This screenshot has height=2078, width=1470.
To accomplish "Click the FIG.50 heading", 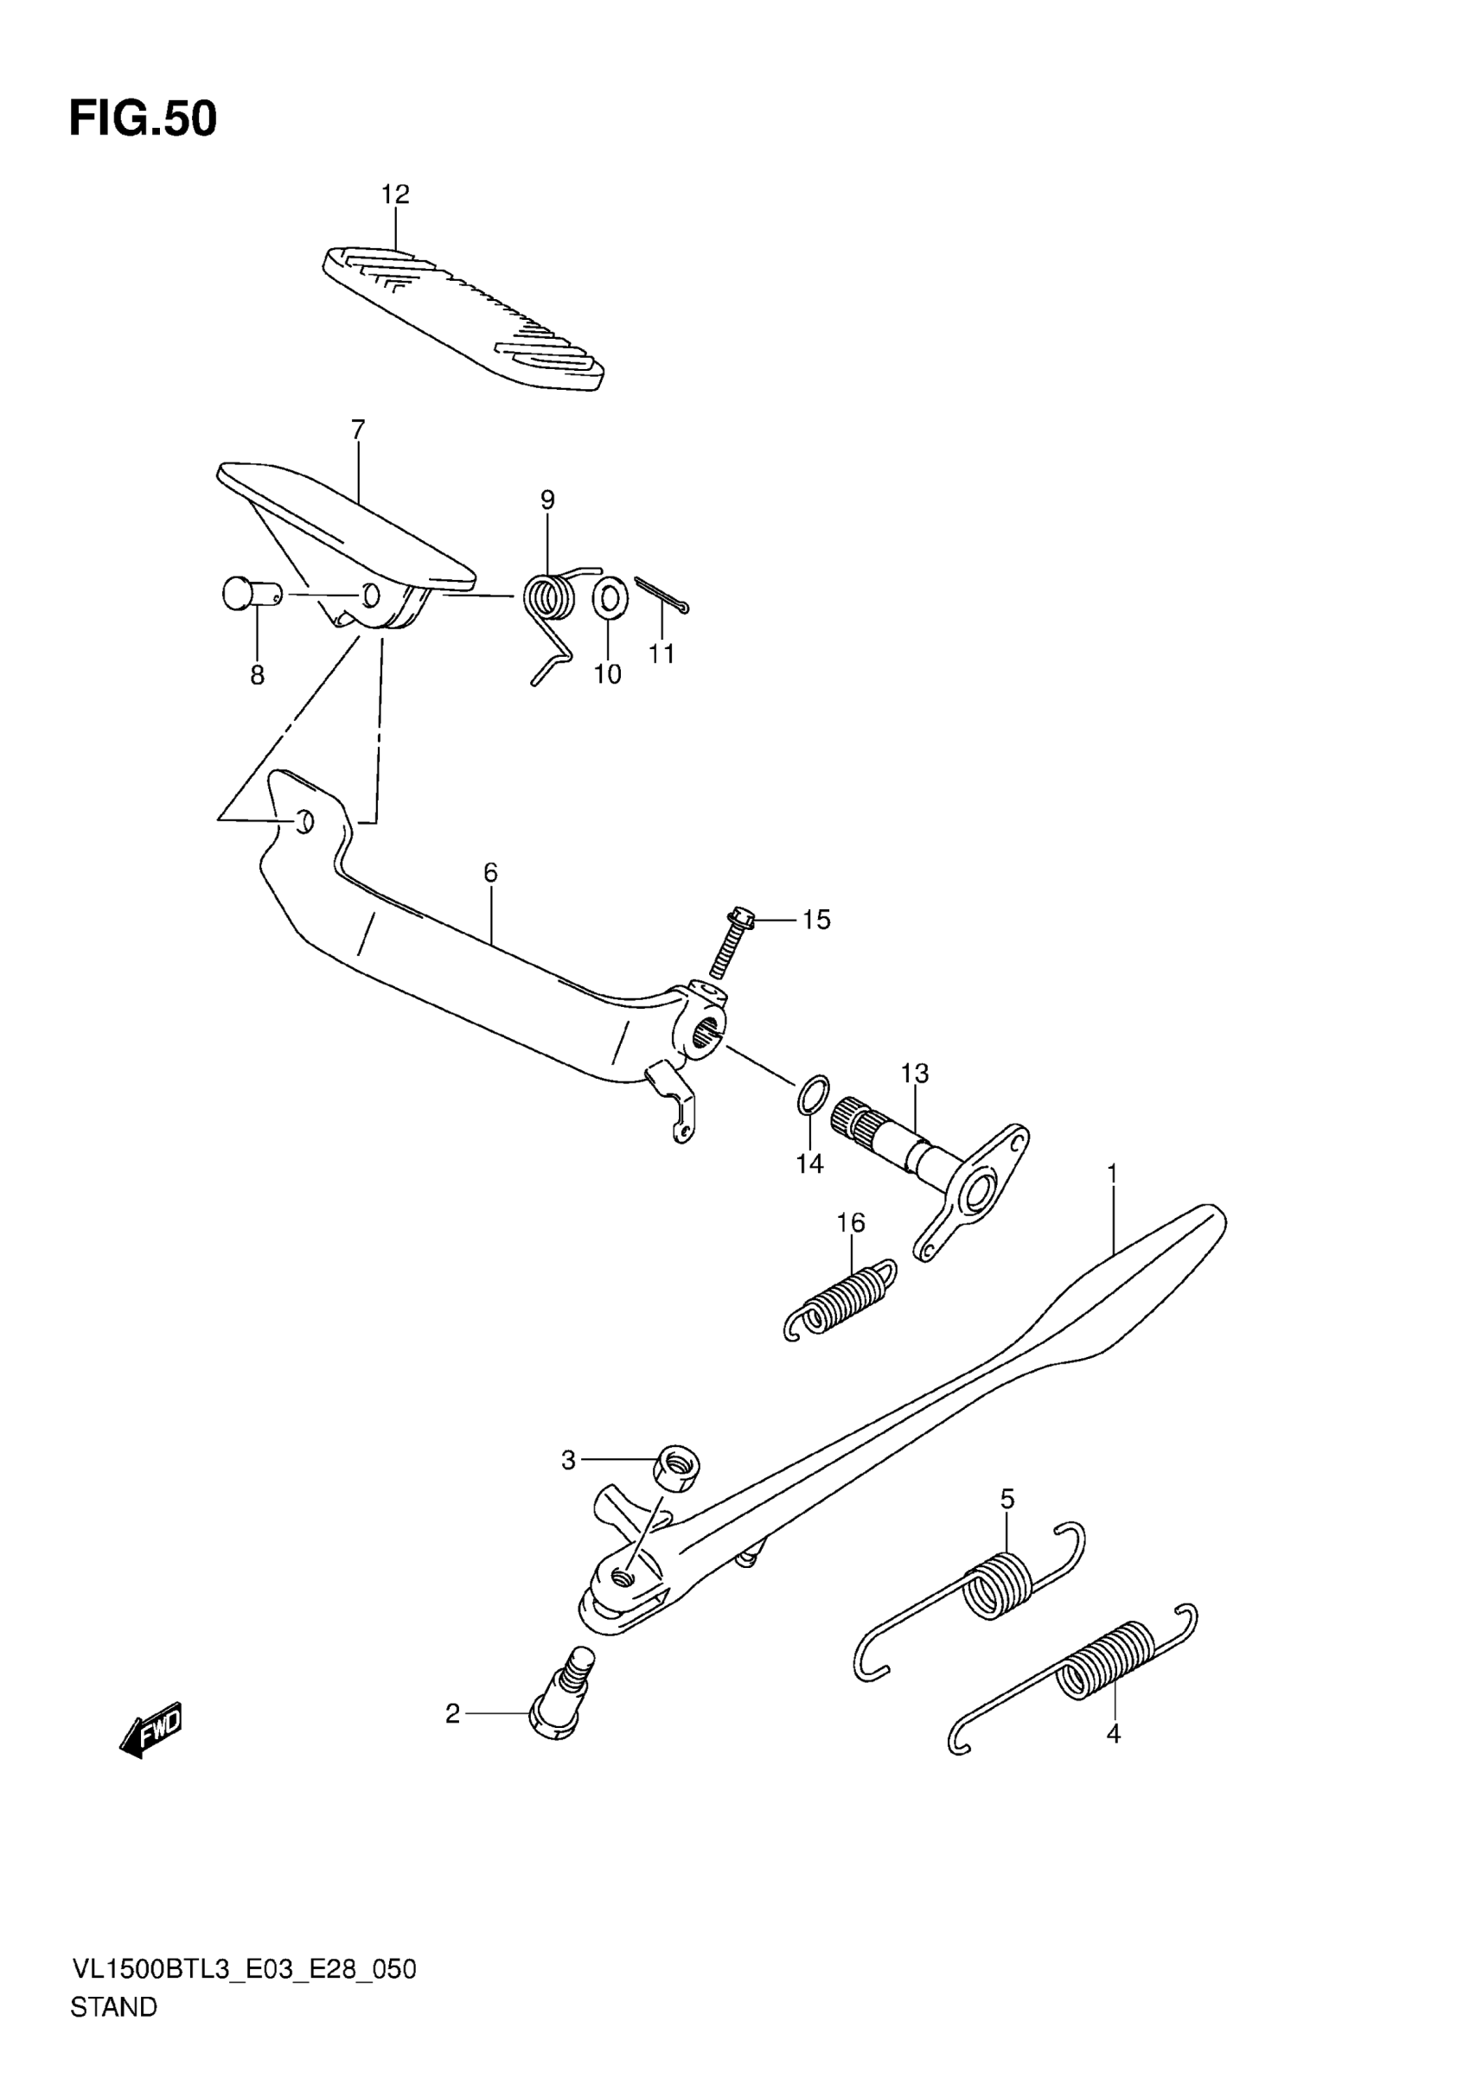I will pos(143,118).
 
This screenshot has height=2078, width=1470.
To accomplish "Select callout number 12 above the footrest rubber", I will pos(394,194).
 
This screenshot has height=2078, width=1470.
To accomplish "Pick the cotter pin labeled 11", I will pos(661,594).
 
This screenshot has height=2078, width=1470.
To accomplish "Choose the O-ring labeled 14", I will pos(813,1095).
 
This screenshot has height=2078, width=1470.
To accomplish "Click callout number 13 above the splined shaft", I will pos(914,1074).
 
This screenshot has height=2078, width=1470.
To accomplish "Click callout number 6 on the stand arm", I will pos(490,872).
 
